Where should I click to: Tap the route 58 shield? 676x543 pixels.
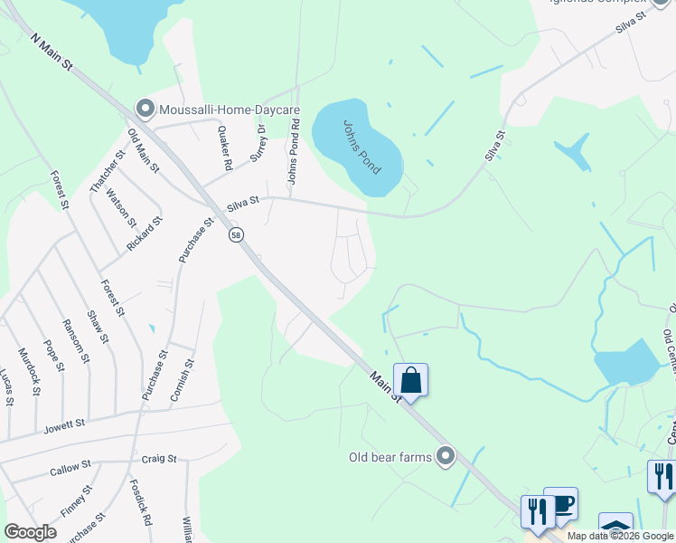coord(236,234)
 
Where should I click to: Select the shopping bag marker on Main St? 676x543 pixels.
coord(410,380)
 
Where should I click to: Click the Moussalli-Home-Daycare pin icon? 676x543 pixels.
coord(144,110)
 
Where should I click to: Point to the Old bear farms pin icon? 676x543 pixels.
coord(445,456)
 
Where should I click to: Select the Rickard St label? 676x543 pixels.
coord(145,233)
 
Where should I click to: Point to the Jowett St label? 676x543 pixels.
coord(66,423)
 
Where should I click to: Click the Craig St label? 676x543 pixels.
coord(159,459)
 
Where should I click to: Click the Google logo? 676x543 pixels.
coord(30,532)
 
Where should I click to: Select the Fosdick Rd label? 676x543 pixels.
coord(140,504)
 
